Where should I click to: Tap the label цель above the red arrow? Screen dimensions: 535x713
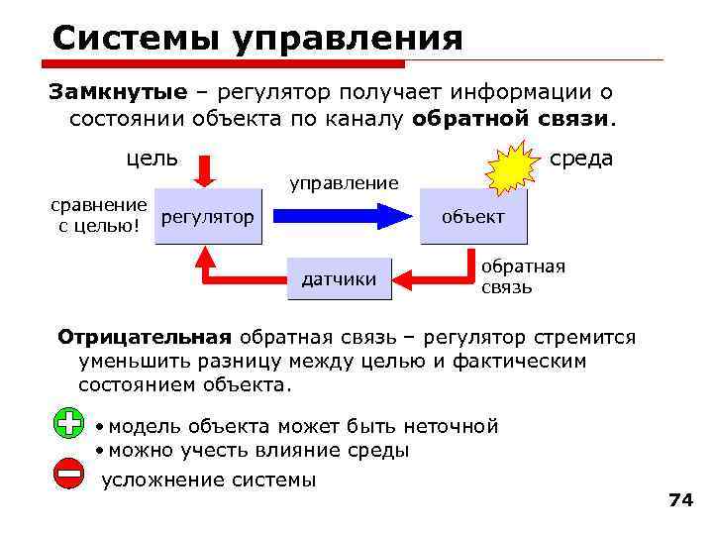[x=152, y=158]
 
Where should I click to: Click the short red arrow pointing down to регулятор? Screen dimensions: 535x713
[x=205, y=170]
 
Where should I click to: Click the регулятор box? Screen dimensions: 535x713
[x=207, y=216]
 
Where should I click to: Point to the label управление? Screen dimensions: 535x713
[x=343, y=182]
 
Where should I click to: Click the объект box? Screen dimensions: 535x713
[x=472, y=216]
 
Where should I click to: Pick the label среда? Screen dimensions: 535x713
[x=581, y=159]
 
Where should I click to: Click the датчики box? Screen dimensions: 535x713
[x=339, y=278]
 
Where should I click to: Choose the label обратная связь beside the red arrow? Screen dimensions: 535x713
[x=523, y=276]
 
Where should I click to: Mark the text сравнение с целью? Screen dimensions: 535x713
[x=98, y=217]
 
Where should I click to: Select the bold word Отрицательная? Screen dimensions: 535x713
[x=145, y=337]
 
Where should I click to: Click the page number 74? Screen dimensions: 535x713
[x=680, y=500]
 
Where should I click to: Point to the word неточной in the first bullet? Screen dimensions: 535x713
[x=451, y=427]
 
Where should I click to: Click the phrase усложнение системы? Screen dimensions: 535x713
[x=209, y=481]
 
